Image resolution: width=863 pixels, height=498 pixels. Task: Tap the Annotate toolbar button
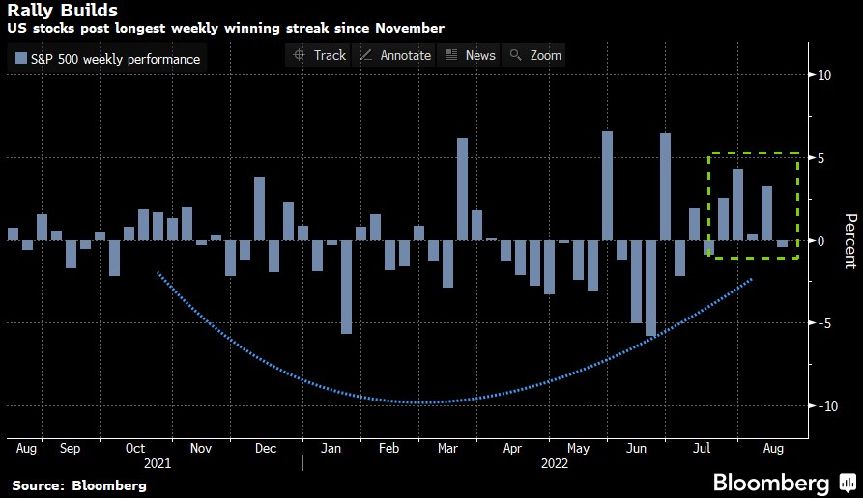point(395,55)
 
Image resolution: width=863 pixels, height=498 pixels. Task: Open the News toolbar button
point(470,55)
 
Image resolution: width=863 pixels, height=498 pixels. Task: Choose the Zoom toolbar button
point(536,55)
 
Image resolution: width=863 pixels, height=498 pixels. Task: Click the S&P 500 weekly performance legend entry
point(107,59)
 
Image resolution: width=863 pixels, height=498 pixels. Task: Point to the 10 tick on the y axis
point(824,75)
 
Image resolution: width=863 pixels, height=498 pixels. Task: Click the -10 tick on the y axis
point(821,406)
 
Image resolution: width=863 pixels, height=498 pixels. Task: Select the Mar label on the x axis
point(448,449)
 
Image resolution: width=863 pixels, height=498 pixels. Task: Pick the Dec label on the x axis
point(266,449)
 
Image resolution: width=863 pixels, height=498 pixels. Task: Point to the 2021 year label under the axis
point(157,463)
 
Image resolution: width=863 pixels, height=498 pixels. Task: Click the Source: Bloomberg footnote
point(79,485)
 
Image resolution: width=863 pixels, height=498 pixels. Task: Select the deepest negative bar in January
point(346,287)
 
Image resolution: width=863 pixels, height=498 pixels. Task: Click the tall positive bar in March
point(462,189)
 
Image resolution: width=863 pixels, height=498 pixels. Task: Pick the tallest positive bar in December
point(259,208)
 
